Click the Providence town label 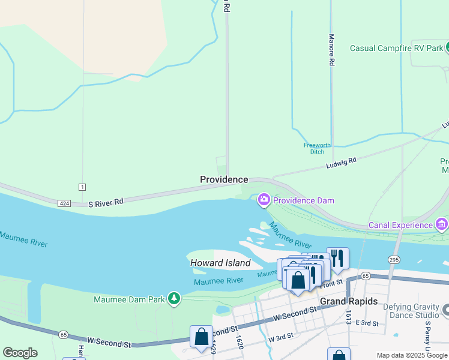(224, 179)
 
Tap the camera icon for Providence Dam (264, 200)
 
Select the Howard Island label (220, 263)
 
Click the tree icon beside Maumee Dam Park (174, 298)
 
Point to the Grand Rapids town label (349, 301)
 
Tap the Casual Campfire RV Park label (396, 48)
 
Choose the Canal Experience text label (401, 225)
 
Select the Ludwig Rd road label (342, 163)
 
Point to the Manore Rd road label (331, 49)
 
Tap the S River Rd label (106, 203)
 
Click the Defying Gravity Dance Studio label (411, 310)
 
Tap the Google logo (20, 353)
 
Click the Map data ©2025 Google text (412, 355)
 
